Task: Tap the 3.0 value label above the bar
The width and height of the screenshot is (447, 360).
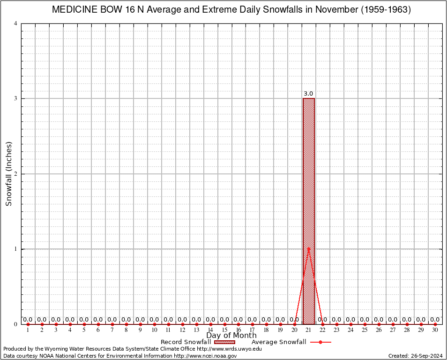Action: (x=308, y=94)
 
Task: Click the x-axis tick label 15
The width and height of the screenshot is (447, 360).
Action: (x=224, y=330)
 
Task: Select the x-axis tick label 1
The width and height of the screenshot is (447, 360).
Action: (x=28, y=330)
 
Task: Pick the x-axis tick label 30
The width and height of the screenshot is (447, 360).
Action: (x=435, y=330)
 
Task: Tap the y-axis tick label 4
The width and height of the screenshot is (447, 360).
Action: (x=16, y=23)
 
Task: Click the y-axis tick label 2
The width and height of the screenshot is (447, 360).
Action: (x=16, y=174)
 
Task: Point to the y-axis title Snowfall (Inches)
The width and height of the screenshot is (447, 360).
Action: (x=8, y=174)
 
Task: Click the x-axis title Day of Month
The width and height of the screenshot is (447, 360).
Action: (x=231, y=336)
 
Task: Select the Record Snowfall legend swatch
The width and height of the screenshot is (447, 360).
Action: (x=224, y=342)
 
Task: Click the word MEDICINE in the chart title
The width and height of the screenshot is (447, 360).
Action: (x=75, y=10)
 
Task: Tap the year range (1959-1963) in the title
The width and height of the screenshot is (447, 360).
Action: (x=385, y=10)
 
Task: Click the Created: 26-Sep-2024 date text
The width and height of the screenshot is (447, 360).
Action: (x=415, y=356)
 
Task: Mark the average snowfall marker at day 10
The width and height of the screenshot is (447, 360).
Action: (x=154, y=324)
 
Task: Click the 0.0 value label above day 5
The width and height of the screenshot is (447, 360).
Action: (x=84, y=320)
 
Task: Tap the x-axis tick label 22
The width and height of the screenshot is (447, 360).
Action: (x=322, y=330)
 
